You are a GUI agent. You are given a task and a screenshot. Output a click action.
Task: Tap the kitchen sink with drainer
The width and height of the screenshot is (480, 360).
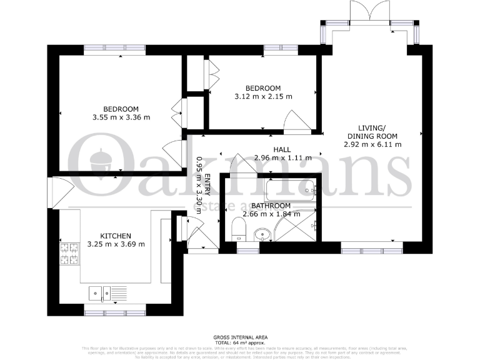107,292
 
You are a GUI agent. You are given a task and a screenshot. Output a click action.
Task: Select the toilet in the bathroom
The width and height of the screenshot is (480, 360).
238,230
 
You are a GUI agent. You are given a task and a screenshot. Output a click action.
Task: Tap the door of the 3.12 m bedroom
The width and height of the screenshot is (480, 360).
294,121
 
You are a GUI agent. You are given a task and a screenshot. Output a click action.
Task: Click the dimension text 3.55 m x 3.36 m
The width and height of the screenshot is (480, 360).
122,117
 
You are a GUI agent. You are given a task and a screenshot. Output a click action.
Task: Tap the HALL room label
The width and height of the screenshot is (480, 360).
282,149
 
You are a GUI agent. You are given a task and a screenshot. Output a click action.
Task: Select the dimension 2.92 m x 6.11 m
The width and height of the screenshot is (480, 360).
372,144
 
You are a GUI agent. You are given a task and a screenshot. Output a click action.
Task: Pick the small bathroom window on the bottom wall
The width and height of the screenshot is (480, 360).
244,249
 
